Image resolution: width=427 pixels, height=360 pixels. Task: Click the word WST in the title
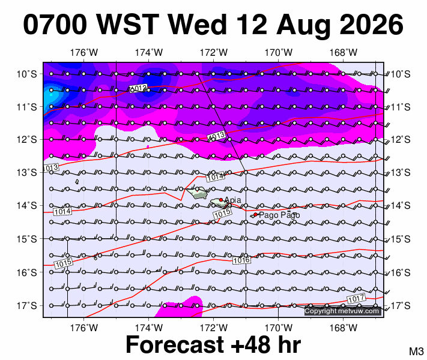pyautogui.click(x=127, y=25)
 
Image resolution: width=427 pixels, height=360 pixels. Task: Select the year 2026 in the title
pyautogui.click(x=371, y=25)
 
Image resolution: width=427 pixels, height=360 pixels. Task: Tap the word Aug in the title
pyautogui.click(x=303, y=26)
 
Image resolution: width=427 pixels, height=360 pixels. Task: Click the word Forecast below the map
pyautogui.click(x=175, y=344)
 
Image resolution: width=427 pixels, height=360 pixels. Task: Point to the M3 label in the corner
pyautogui.click(x=416, y=351)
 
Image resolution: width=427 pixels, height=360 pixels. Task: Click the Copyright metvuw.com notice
pyautogui.click(x=342, y=311)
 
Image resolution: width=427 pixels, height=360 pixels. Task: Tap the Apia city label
pyautogui.click(x=233, y=200)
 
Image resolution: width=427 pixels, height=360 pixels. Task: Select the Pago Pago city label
pyautogui.click(x=279, y=215)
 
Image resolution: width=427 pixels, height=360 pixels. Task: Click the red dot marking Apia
pyautogui.click(x=221, y=200)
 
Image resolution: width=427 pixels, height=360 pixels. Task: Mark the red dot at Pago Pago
pyautogui.click(x=255, y=215)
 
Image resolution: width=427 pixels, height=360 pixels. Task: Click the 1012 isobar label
pyautogui.click(x=138, y=88)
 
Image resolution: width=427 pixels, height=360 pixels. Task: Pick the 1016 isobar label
pyautogui.click(x=241, y=260)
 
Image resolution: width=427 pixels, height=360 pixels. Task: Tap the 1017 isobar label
pyautogui.click(x=356, y=299)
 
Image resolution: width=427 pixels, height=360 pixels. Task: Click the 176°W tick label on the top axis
pyautogui.click(x=84, y=52)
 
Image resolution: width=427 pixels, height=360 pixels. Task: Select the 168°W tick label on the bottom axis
pyautogui.click(x=343, y=328)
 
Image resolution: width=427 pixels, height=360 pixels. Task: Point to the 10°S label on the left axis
pyautogui.click(x=26, y=74)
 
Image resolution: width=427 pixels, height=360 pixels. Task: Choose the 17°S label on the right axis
pyautogui.click(x=401, y=306)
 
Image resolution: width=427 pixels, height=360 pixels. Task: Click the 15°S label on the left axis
pyautogui.click(x=26, y=239)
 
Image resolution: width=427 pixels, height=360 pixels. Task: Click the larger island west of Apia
pyautogui.click(x=197, y=193)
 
